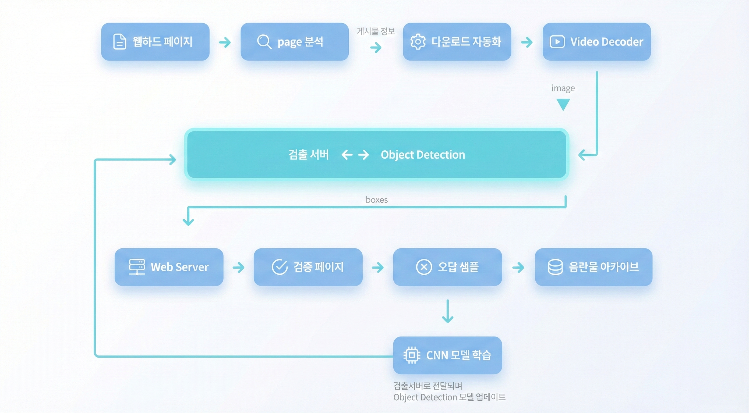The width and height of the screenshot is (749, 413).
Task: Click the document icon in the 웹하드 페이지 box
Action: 119,42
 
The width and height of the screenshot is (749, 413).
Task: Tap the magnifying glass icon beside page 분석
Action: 264,42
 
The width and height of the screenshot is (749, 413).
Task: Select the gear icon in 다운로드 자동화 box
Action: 418,42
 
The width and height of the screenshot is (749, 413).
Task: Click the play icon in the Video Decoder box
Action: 557,42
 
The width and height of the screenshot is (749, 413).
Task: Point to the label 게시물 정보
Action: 376,31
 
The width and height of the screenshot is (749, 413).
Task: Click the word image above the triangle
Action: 563,88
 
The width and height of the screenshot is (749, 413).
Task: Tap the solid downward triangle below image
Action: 563,104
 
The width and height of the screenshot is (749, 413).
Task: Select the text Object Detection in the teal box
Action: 423,155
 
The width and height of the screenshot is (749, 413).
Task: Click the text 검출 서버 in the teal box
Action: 309,155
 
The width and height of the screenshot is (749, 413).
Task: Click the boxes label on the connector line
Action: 377,200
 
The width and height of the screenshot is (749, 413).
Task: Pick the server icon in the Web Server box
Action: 137,267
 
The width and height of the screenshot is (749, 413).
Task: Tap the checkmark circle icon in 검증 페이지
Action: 280,267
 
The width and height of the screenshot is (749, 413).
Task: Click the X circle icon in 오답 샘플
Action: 424,267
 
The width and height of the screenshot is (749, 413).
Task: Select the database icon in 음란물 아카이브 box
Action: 555,267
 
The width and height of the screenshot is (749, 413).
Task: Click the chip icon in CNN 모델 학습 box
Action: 412,355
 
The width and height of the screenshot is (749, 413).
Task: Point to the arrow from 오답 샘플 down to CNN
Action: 447,312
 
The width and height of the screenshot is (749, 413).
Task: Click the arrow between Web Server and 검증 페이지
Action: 238,267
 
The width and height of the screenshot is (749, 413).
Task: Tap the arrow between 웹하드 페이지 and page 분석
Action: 225,42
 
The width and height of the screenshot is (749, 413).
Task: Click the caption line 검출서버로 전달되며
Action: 428,386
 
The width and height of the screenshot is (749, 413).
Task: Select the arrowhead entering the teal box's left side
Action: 173,159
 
